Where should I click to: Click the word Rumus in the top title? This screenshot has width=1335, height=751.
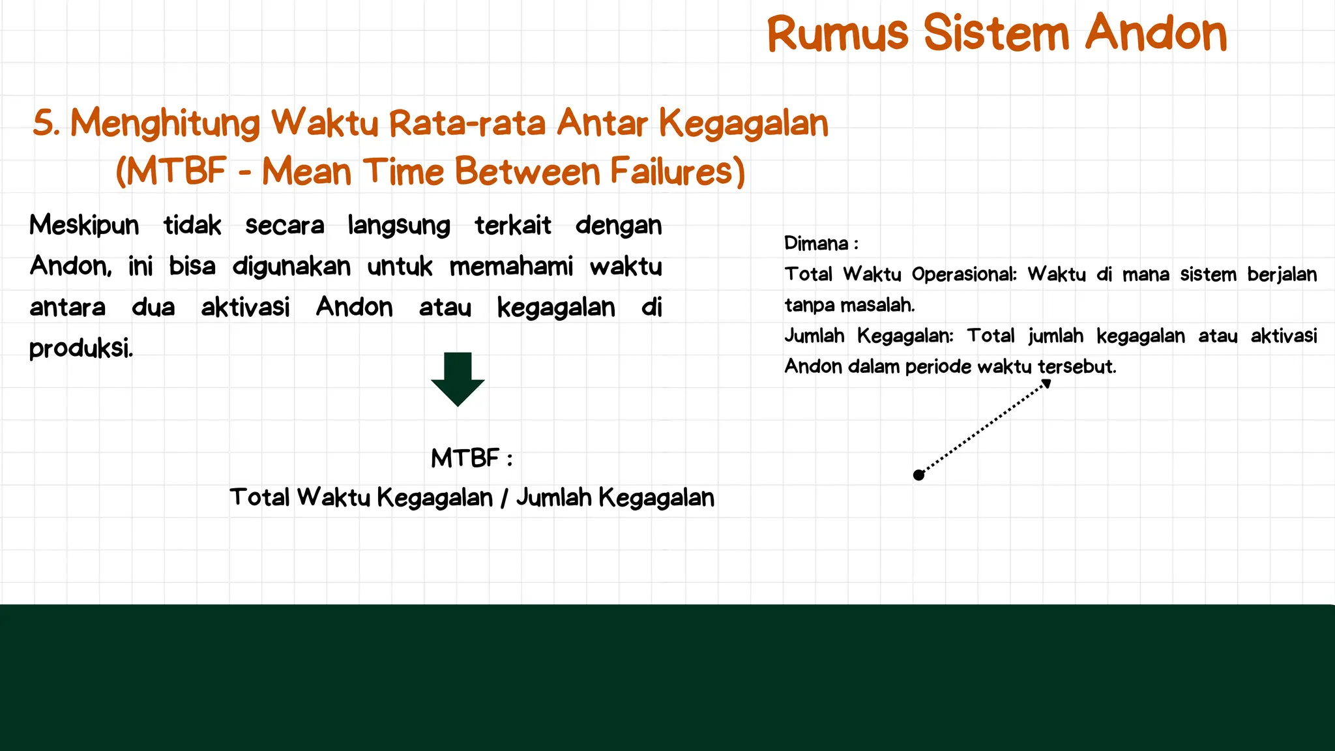pos(837,33)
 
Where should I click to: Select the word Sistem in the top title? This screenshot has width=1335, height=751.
pos(996,33)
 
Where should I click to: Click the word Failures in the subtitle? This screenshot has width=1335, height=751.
pos(677,171)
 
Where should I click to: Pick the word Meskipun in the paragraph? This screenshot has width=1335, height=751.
pos(84,226)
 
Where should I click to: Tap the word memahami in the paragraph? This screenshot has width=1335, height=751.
pos(511,267)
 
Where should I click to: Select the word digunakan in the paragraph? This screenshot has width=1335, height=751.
pos(291,267)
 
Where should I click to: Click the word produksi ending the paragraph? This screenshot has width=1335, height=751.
pos(81,349)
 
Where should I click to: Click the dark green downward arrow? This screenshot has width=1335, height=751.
pos(458,379)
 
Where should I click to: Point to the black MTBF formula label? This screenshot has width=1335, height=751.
pos(465,458)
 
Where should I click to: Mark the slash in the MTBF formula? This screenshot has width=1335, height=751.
pos(505,498)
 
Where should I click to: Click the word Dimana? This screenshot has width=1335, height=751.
pos(816,243)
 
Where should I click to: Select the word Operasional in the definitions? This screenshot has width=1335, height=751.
pos(963,274)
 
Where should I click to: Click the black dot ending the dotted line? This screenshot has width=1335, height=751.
pos(919,475)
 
